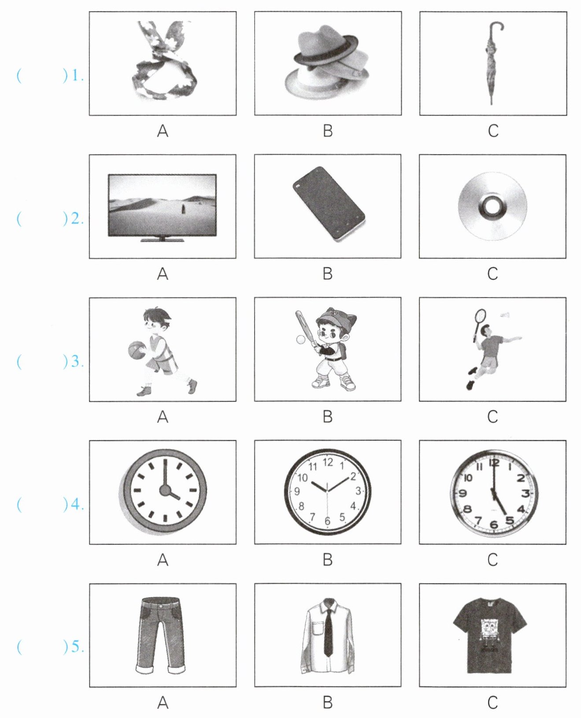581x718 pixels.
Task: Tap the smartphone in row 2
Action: (329, 204)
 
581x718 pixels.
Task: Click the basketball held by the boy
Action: (136, 350)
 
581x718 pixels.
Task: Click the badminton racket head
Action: (480, 316)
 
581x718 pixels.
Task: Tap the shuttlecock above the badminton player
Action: (504, 315)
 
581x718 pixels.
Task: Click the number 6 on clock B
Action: (327, 521)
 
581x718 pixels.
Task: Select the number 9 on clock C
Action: (463, 494)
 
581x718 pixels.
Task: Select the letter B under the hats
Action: (328, 131)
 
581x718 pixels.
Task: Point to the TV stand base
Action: (163, 240)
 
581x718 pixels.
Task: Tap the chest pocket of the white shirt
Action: (317, 629)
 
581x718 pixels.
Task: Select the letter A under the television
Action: (163, 274)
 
